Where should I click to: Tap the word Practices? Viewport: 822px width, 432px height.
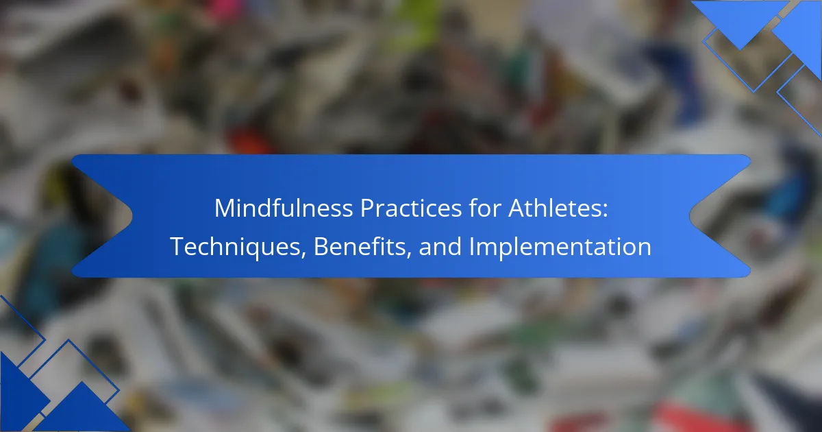[410, 208]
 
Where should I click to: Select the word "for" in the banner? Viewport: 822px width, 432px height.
[485, 208]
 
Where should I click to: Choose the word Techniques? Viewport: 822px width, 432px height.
[236, 247]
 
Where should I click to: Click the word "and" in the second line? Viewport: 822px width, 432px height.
[440, 246]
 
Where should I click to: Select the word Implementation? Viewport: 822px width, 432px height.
[560, 247]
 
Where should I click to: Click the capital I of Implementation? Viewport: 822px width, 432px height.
[471, 246]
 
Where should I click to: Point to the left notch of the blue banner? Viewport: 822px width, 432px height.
[121, 215]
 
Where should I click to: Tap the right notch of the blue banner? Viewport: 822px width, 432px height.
[700, 215]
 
